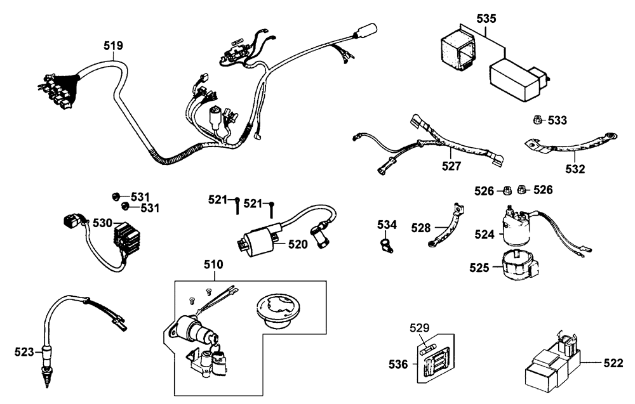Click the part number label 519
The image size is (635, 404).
[x=114, y=46]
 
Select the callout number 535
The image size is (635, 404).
[x=486, y=16]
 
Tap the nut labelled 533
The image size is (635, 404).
[x=537, y=120]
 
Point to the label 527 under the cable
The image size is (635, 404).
[x=451, y=166]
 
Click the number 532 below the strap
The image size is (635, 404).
[x=575, y=169]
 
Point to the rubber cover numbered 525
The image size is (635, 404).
[x=519, y=266]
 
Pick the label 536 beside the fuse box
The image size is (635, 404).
[x=399, y=364]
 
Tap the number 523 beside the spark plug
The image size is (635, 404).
[x=25, y=350]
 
